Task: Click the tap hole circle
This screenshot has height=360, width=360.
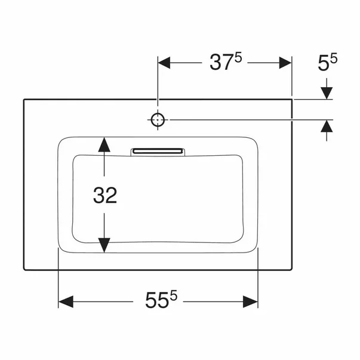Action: (x=157, y=120)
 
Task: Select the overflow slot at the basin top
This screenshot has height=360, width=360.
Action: (x=158, y=152)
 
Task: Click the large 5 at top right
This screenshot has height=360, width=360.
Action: (x=324, y=63)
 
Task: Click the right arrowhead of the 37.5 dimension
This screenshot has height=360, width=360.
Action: (x=284, y=63)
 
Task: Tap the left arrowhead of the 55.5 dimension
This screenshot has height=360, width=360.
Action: (x=65, y=301)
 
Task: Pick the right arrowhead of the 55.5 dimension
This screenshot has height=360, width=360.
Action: (x=251, y=301)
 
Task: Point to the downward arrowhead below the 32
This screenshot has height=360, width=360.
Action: (x=104, y=244)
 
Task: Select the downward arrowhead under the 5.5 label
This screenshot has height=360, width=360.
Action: (x=327, y=92)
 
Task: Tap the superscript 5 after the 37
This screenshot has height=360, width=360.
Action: (x=238, y=58)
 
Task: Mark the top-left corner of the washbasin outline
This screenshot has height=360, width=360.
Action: (x=24, y=99)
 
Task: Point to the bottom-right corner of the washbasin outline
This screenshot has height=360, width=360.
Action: (x=293, y=270)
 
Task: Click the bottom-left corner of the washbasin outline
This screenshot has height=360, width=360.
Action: (x=24, y=270)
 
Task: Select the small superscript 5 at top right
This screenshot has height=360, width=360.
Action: (x=334, y=58)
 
